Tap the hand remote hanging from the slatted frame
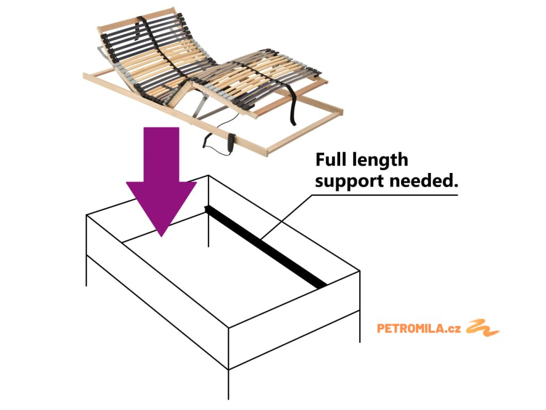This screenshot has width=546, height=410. click(230, 141)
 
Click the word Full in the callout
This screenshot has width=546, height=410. click(333, 160)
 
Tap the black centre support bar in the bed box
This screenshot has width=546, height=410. click(267, 246)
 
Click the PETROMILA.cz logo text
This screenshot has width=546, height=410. click(419, 328)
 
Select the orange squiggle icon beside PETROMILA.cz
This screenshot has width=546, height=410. click(483, 328)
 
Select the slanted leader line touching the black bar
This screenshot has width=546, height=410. click(291, 214)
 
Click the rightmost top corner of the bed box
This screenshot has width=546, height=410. click(360, 271)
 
